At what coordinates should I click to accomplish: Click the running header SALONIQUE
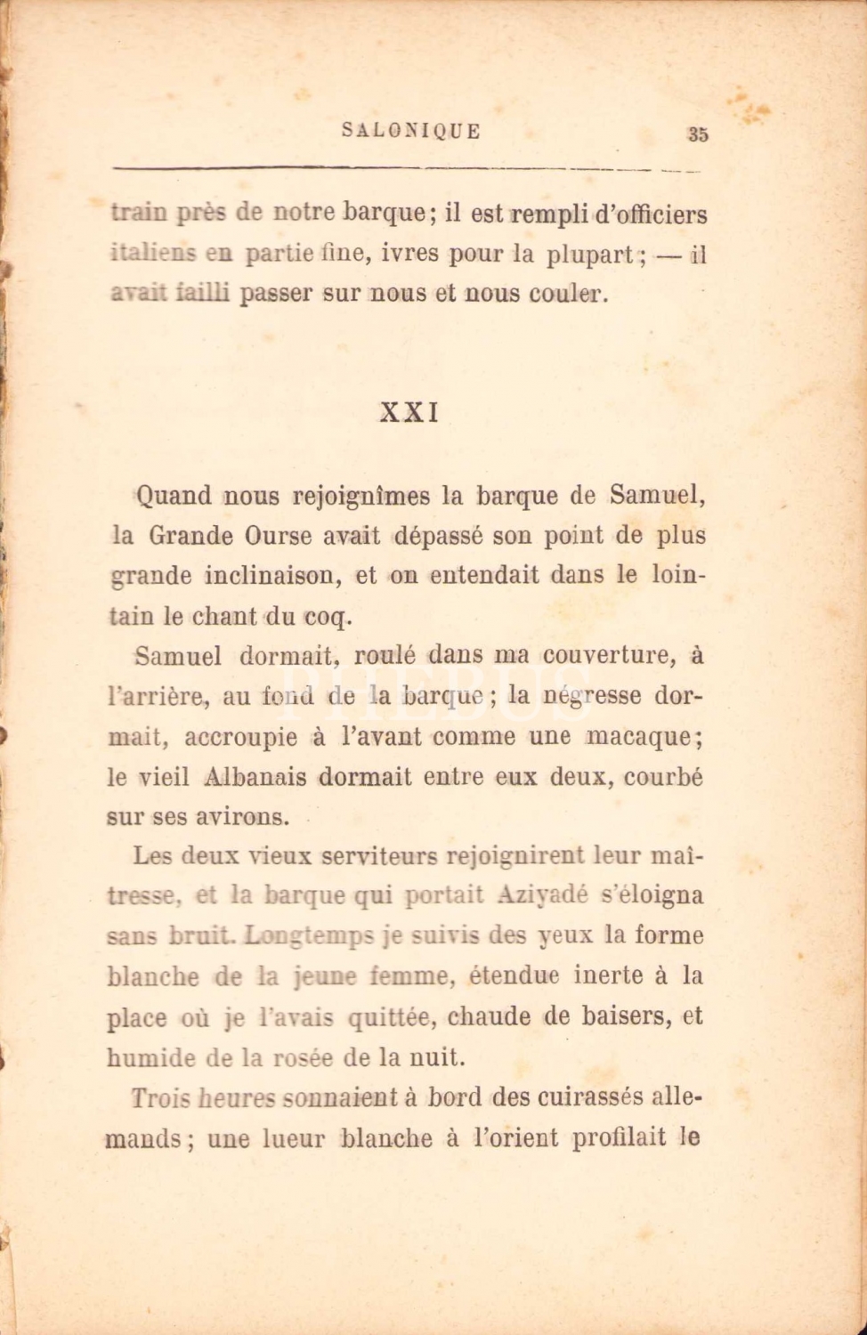pos(411,131)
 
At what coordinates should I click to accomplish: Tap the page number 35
pos(698,134)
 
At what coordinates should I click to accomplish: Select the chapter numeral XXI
pos(409,414)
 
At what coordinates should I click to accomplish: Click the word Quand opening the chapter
pos(173,496)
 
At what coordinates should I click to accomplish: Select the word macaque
pos(643,737)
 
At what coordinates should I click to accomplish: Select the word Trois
pos(160,1098)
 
